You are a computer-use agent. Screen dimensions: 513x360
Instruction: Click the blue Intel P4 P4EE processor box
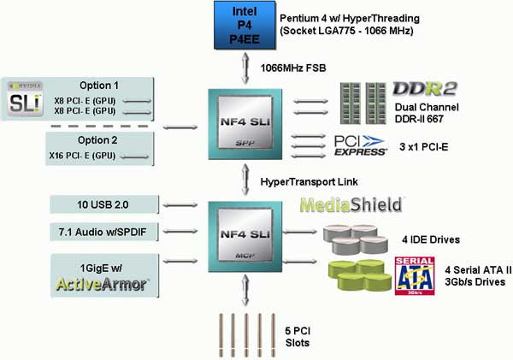[245, 25]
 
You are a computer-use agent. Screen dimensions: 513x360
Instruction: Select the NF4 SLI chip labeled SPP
[245, 124]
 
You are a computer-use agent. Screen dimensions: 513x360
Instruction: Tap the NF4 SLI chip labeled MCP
[245, 237]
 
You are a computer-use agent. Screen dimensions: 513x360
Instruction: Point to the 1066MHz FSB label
[293, 68]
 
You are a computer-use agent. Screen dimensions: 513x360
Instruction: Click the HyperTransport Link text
[310, 181]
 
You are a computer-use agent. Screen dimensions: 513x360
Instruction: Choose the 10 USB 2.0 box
[104, 204]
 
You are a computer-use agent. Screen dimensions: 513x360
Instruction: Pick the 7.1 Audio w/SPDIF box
[104, 232]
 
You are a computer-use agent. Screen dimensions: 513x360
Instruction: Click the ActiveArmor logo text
[102, 284]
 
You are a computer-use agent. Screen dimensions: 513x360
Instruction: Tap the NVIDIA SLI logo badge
[25, 99]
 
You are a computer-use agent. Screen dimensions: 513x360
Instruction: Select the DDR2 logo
[424, 89]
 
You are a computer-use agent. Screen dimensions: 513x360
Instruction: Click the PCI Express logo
[360, 145]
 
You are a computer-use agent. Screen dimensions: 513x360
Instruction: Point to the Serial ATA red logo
[415, 276]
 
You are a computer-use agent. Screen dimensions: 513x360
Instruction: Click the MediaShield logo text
[351, 205]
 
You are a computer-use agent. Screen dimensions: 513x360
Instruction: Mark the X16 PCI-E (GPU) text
[82, 156]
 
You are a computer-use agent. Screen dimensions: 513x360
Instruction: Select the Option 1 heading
[99, 86]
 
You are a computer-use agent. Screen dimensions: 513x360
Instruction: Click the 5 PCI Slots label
[298, 337]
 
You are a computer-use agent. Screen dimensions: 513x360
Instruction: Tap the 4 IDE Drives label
[431, 240]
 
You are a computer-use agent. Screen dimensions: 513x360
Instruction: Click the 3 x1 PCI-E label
[424, 147]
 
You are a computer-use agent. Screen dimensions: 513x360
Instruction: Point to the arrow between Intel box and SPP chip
[245, 68]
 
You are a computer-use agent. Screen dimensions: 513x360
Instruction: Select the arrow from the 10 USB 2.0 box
[180, 205]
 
